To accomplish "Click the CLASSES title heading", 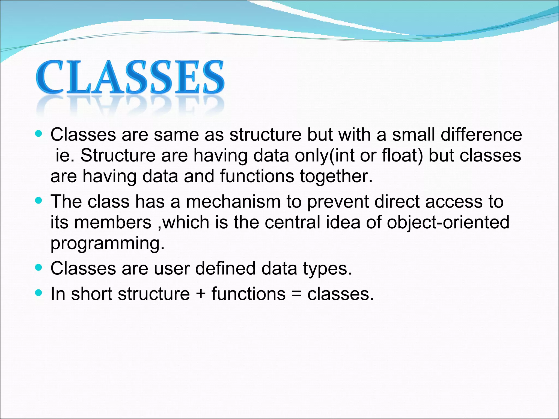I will [x=130, y=77].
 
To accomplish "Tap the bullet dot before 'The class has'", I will [x=39, y=201].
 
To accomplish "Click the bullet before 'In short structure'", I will [x=39, y=293].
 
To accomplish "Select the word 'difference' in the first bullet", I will [x=481, y=134].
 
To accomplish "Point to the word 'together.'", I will [x=336, y=176].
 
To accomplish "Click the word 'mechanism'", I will [x=233, y=202].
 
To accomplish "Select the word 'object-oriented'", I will [x=448, y=222].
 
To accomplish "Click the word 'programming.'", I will [x=108, y=243].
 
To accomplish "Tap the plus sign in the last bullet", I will [x=201, y=294].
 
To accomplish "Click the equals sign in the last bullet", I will [x=296, y=294].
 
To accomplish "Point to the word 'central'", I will [x=292, y=222].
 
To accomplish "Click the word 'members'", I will [x=113, y=222].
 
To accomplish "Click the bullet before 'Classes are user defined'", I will [x=39, y=268].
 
